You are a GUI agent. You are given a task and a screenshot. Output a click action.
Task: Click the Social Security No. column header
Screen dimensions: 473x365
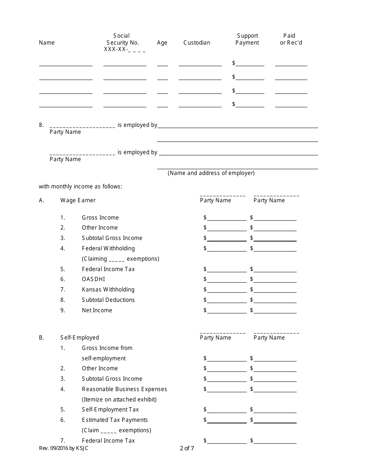click(123, 42)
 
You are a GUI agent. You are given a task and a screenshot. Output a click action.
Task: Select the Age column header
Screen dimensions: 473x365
click(162, 43)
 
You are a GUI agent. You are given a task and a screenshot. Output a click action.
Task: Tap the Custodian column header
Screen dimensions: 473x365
click(197, 43)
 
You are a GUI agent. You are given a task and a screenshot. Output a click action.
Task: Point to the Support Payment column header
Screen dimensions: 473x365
click(247, 39)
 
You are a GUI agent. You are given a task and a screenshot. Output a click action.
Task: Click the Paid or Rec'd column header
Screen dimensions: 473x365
click(291, 39)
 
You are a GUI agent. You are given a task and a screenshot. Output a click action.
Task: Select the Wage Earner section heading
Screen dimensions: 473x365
click(78, 200)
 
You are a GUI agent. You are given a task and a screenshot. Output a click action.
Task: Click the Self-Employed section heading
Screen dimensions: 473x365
click(80, 338)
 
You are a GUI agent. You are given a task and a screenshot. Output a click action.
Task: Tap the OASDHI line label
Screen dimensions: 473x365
click(93, 279)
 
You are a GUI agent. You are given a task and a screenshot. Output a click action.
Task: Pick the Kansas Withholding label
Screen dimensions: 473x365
click(108, 290)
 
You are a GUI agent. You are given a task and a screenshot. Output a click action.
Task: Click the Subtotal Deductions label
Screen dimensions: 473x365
click(108, 300)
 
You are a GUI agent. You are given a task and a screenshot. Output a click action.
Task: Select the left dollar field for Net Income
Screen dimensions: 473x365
click(227, 310)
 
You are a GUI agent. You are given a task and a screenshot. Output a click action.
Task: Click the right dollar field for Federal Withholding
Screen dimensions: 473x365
click(275, 248)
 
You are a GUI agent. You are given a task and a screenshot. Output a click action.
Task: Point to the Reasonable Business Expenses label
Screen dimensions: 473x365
click(124, 389)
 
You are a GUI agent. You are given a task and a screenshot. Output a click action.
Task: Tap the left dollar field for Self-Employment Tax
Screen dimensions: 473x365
click(227, 410)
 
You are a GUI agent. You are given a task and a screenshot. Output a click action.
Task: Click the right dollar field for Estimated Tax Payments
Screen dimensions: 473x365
click(275, 420)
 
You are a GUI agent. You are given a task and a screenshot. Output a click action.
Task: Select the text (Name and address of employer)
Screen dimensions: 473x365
click(211, 173)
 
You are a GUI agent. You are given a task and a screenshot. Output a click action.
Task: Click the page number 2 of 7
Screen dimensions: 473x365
click(187, 448)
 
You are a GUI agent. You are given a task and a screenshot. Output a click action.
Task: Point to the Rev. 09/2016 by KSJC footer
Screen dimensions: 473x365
click(63, 448)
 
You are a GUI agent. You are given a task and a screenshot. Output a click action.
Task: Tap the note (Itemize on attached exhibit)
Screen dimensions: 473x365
click(119, 400)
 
